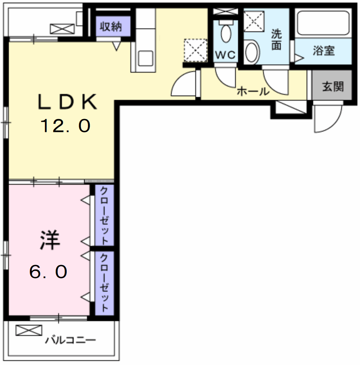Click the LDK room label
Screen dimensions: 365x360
[x=67, y=102]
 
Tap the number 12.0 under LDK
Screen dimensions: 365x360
[x=65, y=126]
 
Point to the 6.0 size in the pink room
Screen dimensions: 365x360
[x=48, y=272]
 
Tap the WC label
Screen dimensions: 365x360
[x=225, y=55]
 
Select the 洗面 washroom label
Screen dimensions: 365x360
[x=276, y=40]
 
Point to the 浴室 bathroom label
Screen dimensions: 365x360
[x=324, y=51]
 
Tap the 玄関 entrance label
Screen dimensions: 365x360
[x=333, y=87]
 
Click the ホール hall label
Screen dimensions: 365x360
[x=253, y=91]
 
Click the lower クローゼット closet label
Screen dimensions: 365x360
[x=104, y=282]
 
